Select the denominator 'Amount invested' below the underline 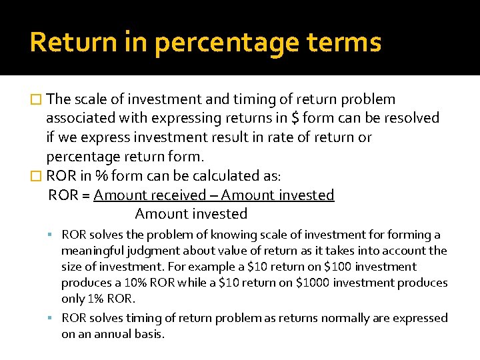(x=191, y=214)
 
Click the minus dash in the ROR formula (x=214, y=195)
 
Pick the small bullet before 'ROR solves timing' (x=51, y=318)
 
